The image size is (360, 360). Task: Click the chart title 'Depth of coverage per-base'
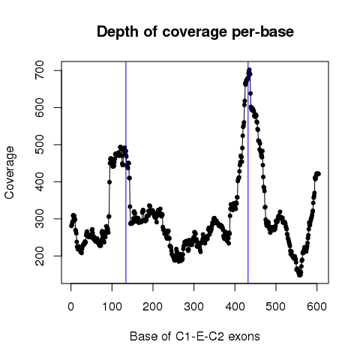[195, 32]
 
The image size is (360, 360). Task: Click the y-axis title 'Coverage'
[10, 172]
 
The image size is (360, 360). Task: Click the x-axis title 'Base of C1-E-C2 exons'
[195, 337]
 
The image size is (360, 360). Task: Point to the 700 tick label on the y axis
[40, 70]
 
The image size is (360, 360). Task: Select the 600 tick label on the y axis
[40, 107]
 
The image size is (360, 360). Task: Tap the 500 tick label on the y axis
[40, 145]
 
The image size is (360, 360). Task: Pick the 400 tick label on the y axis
[40, 181]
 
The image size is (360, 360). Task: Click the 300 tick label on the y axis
[40, 219]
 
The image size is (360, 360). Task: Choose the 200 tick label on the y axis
[40, 256]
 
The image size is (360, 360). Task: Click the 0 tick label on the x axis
[71, 307]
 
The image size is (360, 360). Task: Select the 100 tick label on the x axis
[112, 307]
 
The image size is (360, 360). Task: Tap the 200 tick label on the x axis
[153, 307]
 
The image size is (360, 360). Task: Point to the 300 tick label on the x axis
[193, 307]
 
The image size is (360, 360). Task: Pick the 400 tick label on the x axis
[235, 307]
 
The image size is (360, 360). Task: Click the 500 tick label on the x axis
[276, 307]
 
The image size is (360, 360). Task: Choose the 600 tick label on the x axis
[316, 307]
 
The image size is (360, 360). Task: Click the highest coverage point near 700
[249, 70]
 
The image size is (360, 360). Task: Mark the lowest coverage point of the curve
[300, 274]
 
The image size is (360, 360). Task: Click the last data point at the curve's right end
[318, 174]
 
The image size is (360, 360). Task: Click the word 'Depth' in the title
[118, 32]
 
